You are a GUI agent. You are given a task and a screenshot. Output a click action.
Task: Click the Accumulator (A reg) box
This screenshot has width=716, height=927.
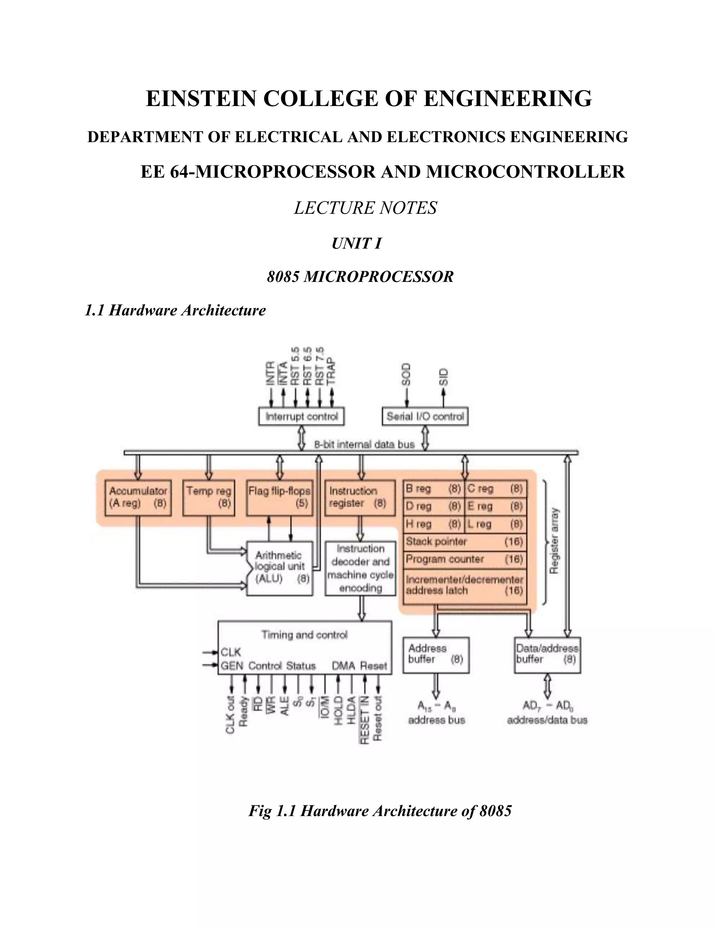[x=138, y=497]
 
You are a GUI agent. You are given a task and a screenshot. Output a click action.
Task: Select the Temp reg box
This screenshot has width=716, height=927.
[x=208, y=497]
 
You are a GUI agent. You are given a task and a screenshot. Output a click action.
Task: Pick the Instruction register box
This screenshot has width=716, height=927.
[x=360, y=497]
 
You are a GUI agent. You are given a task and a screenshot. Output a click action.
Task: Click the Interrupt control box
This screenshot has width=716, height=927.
[x=301, y=416]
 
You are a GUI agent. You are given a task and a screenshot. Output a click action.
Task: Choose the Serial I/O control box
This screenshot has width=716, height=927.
[x=425, y=416]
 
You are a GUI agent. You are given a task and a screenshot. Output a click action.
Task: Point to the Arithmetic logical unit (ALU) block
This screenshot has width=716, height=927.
[x=280, y=568]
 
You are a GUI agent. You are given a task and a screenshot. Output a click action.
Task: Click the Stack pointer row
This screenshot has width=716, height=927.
[x=465, y=542]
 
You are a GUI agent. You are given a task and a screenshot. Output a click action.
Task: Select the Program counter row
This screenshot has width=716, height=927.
[x=465, y=559]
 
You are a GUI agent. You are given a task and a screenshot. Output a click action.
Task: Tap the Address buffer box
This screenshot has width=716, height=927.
[x=436, y=654]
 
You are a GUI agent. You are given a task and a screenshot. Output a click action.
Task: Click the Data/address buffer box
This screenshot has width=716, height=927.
[x=547, y=654]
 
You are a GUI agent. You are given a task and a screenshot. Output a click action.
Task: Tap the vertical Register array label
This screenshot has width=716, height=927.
[x=554, y=541]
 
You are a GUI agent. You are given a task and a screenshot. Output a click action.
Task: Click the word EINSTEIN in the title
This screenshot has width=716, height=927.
[x=201, y=99]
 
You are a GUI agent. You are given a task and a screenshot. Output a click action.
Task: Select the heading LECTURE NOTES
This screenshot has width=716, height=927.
[x=365, y=208]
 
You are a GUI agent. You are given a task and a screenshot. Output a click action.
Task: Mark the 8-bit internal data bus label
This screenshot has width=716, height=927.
[x=364, y=444]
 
